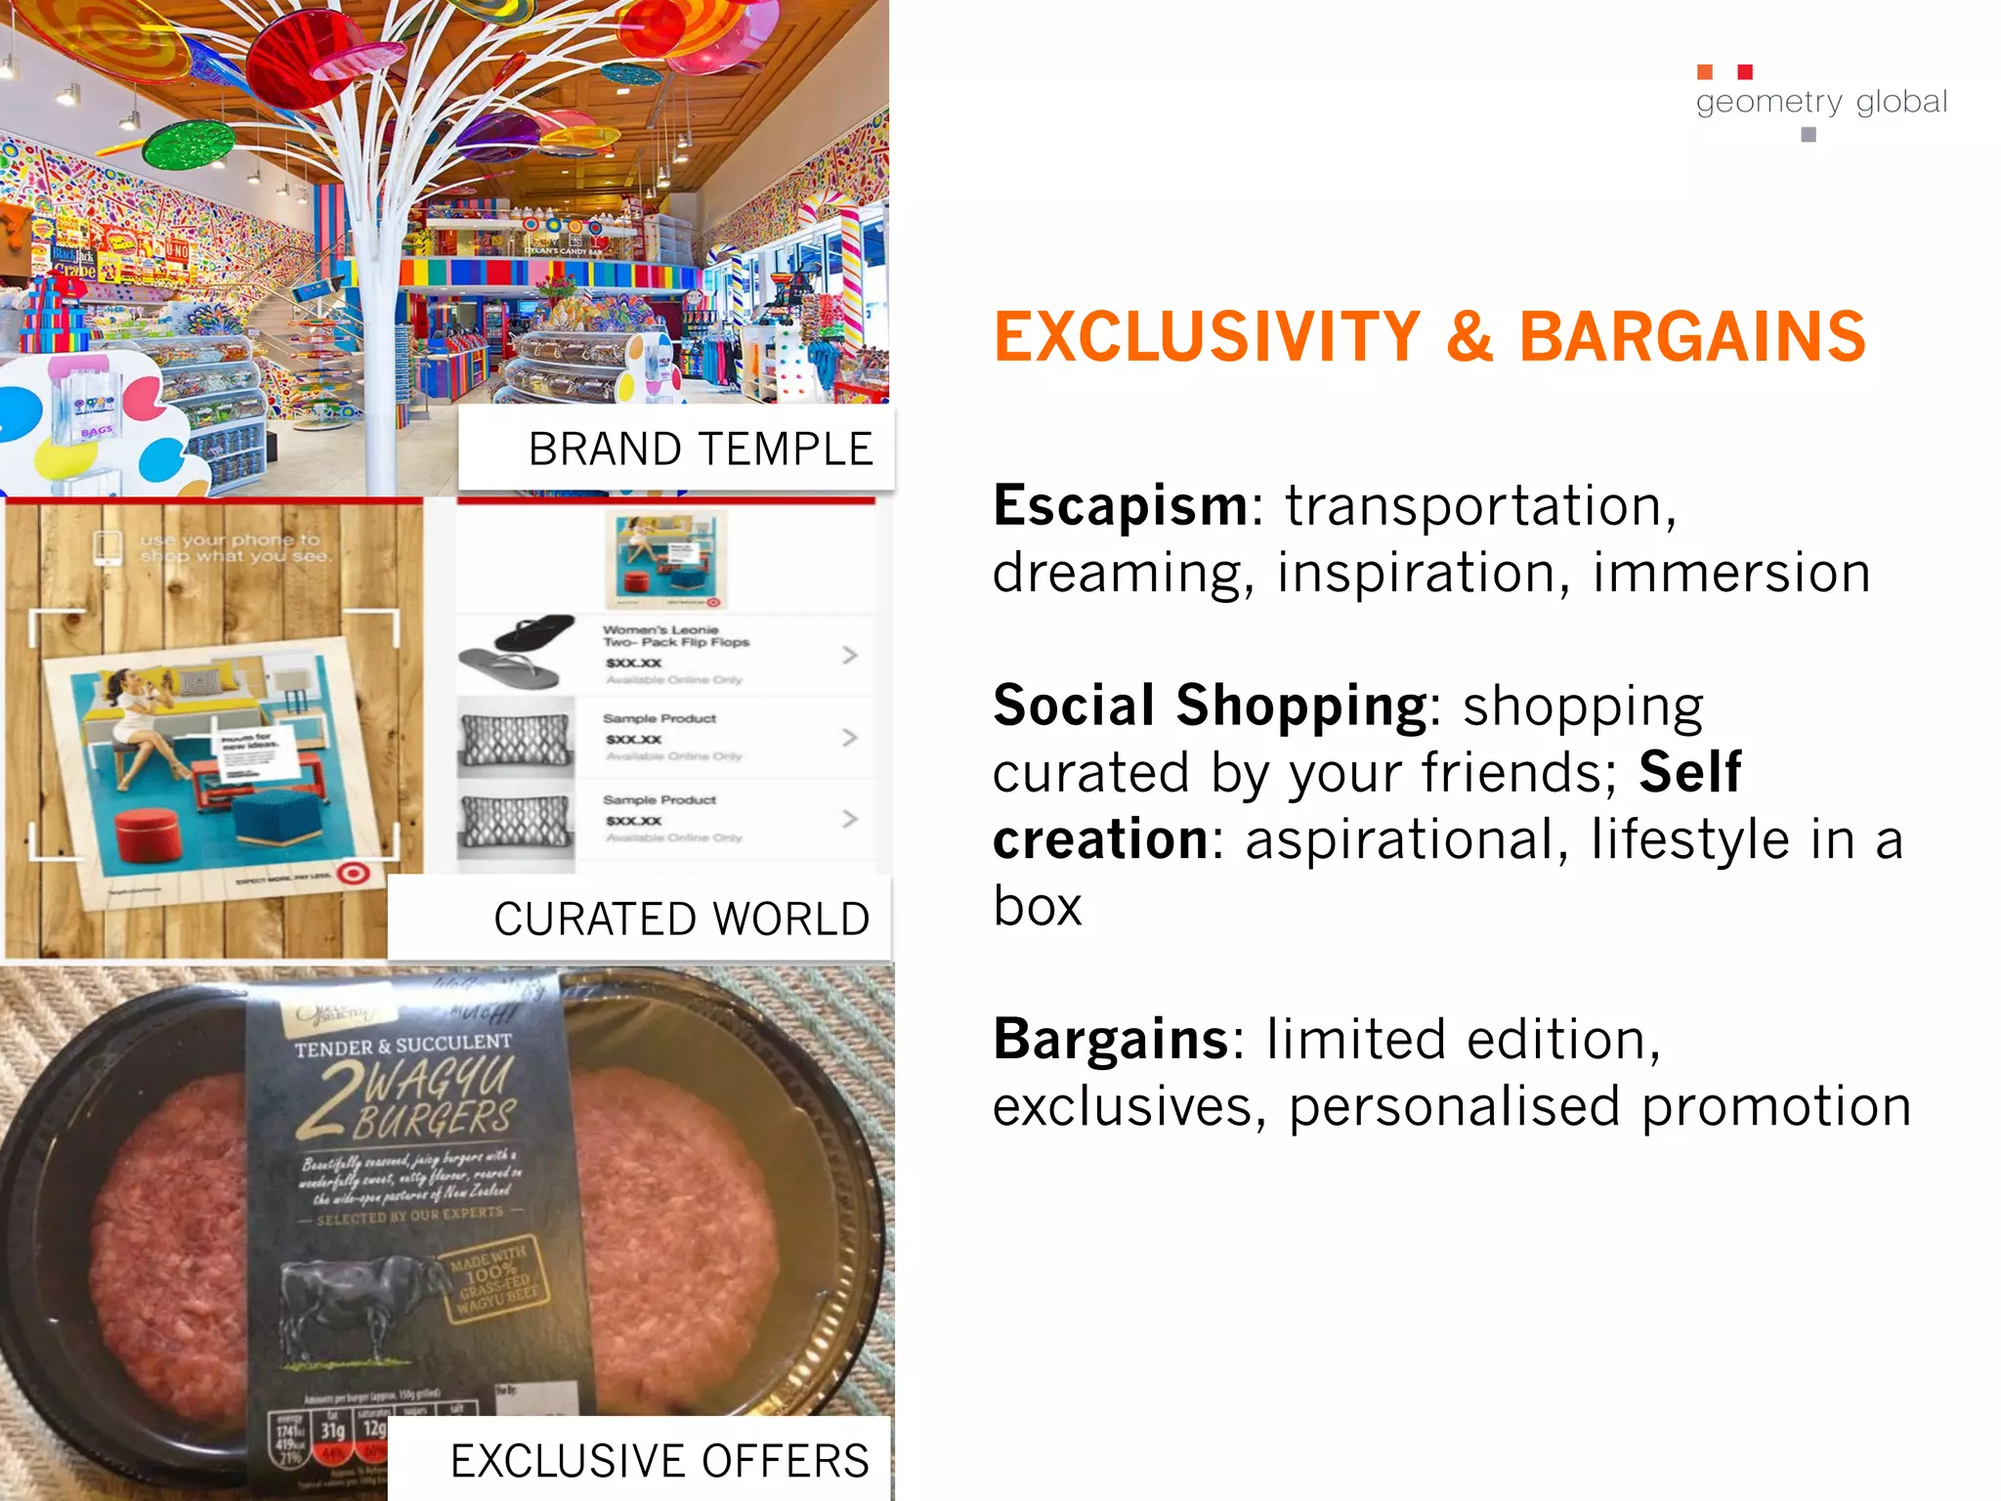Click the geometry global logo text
1821,102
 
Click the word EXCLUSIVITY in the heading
1207,337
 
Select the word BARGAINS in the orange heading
1692,337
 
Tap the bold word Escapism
1121,506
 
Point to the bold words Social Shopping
1211,706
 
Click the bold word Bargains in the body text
1111,1039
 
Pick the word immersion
1731,573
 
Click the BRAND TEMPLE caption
700,450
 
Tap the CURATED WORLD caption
681,920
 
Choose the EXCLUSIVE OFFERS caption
660,1462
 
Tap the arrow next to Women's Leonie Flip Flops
849,655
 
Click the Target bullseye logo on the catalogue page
353,873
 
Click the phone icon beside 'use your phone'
107,547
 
